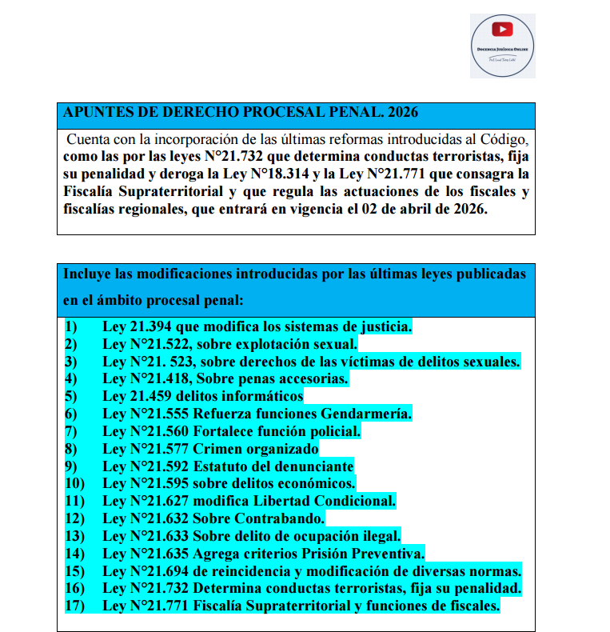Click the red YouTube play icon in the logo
[502, 30]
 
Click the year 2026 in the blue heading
[399, 112]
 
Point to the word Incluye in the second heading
[87, 274]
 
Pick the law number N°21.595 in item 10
[158, 483]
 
